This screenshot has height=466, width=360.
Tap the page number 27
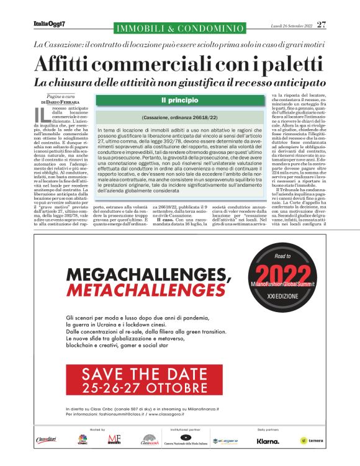click(322, 24)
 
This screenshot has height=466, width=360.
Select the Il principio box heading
click(179, 99)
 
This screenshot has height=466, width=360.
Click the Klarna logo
click(269, 442)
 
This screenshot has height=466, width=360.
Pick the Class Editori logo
click(45, 440)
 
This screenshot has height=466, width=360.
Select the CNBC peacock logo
click(81, 440)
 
